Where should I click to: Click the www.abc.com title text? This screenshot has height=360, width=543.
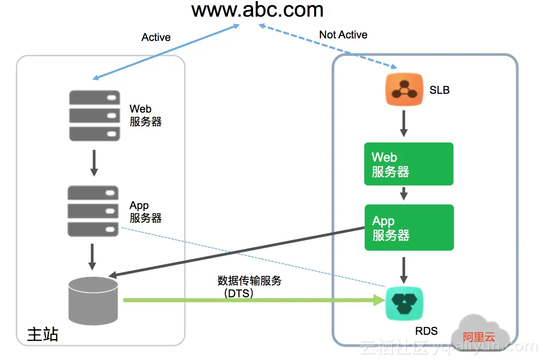point(257,10)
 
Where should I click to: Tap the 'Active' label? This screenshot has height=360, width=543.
point(156,38)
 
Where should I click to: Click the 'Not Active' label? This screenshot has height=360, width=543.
point(343,35)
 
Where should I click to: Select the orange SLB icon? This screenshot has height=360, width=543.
point(404,89)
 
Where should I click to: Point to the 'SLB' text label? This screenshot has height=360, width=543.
point(439,90)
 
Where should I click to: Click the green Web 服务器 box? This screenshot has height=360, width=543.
point(409,164)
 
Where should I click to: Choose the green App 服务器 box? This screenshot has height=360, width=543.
point(409,227)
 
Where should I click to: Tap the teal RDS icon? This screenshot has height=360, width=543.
point(404,304)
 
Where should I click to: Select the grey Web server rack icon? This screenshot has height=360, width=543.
point(94,115)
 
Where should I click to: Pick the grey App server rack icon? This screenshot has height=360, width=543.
point(93,211)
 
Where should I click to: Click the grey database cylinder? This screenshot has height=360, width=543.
point(93,301)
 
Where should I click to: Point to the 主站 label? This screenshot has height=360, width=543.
point(42,334)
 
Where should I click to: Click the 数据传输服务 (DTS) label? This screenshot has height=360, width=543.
point(249,287)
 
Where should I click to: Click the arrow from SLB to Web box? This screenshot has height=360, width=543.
point(403,124)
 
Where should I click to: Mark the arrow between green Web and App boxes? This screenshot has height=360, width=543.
point(403,194)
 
